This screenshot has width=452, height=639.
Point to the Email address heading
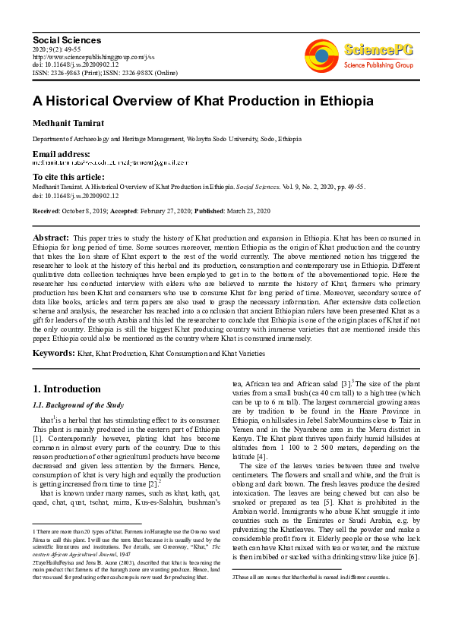coord(62,154)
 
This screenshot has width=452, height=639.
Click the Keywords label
coord(52,354)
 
